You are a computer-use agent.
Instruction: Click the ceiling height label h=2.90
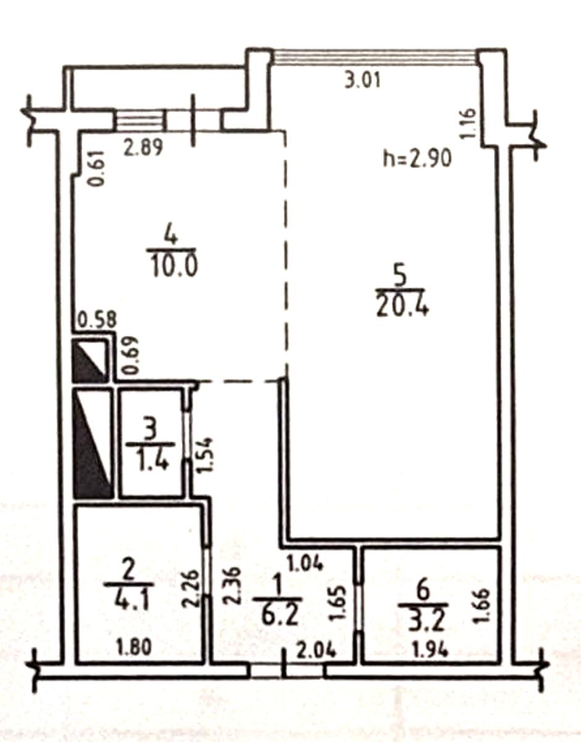coord(418,159)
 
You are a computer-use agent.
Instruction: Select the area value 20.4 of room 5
coord(402,306)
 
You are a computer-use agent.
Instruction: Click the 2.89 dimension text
coord(143,147)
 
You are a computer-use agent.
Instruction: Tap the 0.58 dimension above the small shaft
coord(98,320)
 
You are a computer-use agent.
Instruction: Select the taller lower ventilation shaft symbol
coord(93,443)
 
